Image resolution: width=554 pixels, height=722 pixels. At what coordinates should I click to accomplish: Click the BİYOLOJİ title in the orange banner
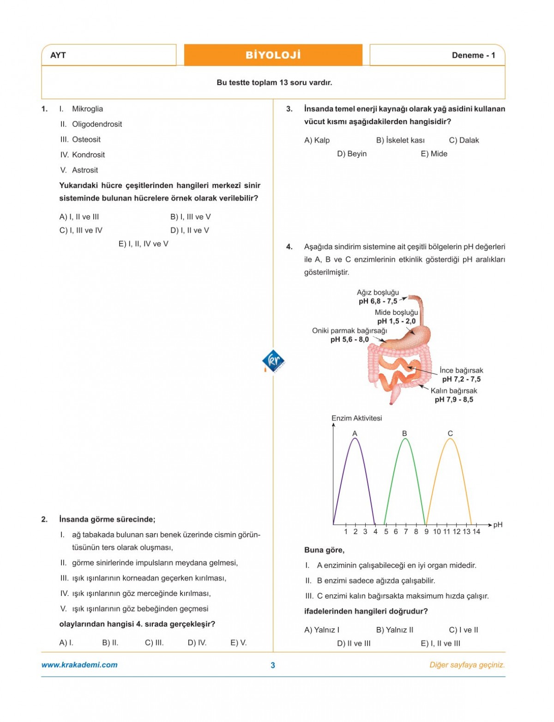[x=273, y=55]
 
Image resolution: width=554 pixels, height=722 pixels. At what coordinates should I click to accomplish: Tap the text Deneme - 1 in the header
[x=473, y=55]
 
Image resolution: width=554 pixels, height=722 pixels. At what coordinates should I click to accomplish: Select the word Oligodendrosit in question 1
[x=97, y=124]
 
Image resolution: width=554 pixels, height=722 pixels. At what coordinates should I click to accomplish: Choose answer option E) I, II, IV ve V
[x=143, y=244]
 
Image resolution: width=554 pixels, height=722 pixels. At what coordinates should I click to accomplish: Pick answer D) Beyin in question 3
[x=352, y=154]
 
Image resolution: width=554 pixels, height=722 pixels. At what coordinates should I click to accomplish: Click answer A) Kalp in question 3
[x=317, y=140]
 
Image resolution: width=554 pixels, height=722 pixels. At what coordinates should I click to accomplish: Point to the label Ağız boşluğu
[x=378, y=293]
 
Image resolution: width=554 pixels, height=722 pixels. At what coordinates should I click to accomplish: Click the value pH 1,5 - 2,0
[x=396, y=321]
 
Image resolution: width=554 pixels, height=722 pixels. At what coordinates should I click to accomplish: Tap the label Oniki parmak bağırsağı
[x=349, y=331]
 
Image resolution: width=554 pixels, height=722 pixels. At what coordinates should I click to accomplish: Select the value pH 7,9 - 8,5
[x=454, y=400]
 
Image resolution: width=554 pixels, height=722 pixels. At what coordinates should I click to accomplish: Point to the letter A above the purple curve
[x=355, y=433]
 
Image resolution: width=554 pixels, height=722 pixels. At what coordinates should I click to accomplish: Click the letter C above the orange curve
[x=450, y=433]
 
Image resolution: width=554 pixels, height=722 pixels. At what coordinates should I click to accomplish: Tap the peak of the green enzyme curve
[x=405, y=439]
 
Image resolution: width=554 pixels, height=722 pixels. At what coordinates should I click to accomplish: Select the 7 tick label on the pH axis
[x=406, y=532]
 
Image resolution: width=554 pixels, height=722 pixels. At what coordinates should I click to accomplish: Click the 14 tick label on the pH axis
[x=476, y=532]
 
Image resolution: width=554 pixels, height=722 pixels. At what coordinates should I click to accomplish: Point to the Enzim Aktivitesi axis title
[x=356, y=418]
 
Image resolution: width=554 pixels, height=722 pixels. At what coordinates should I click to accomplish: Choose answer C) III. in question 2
[x=154, y=643]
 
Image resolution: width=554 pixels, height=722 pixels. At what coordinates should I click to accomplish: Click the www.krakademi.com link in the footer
[x=79, y=665]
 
